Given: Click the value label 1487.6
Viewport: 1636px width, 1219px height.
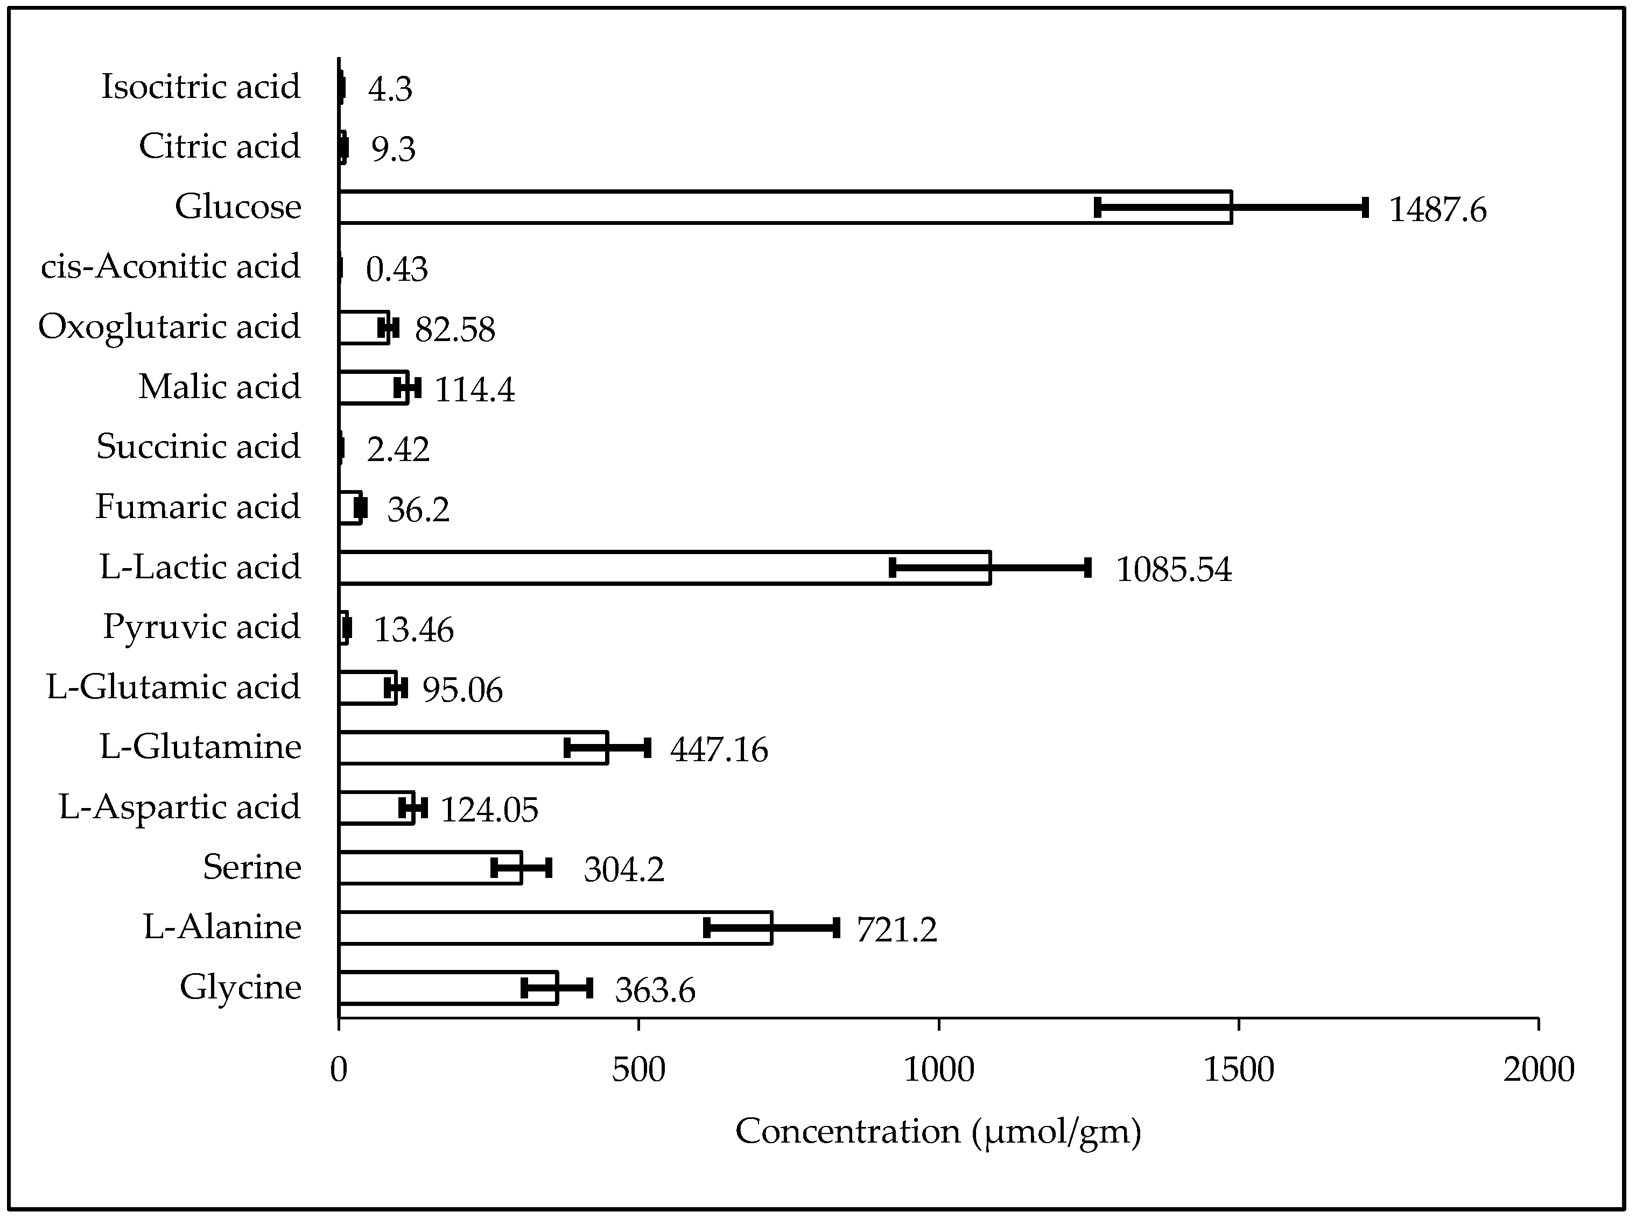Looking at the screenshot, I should tap(1437, 210).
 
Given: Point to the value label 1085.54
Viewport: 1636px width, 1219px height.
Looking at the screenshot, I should tap(1173, 570).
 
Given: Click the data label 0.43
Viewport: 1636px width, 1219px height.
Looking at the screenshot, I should tap(396, 270).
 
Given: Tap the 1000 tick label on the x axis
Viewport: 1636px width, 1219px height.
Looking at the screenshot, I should tap(939, 1070).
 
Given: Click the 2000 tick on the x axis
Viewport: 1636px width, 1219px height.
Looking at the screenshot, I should tap(1539, 1070).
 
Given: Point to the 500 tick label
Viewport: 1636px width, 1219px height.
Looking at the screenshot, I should tap(638, 1070).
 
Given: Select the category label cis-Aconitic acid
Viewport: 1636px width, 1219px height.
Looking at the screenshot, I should tap(171, 266).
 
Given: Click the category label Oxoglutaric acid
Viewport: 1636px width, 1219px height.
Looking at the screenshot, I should tap(169, 327).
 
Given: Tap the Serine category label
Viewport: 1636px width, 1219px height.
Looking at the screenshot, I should tap(252, 867).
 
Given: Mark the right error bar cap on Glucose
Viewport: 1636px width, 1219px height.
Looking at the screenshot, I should tap(1365, 207).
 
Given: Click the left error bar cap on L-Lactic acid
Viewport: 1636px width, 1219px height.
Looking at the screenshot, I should tap(893, 568).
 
